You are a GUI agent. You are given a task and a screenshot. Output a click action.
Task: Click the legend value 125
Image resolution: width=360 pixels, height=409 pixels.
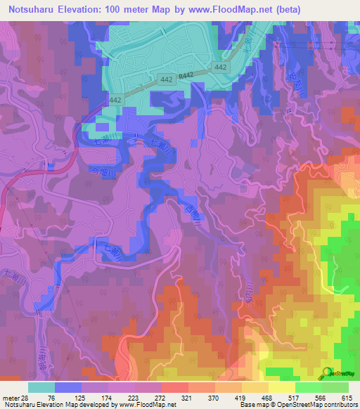tap(88, 397)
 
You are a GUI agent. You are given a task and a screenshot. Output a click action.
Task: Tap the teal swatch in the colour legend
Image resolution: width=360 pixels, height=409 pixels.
tap(41, 387)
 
